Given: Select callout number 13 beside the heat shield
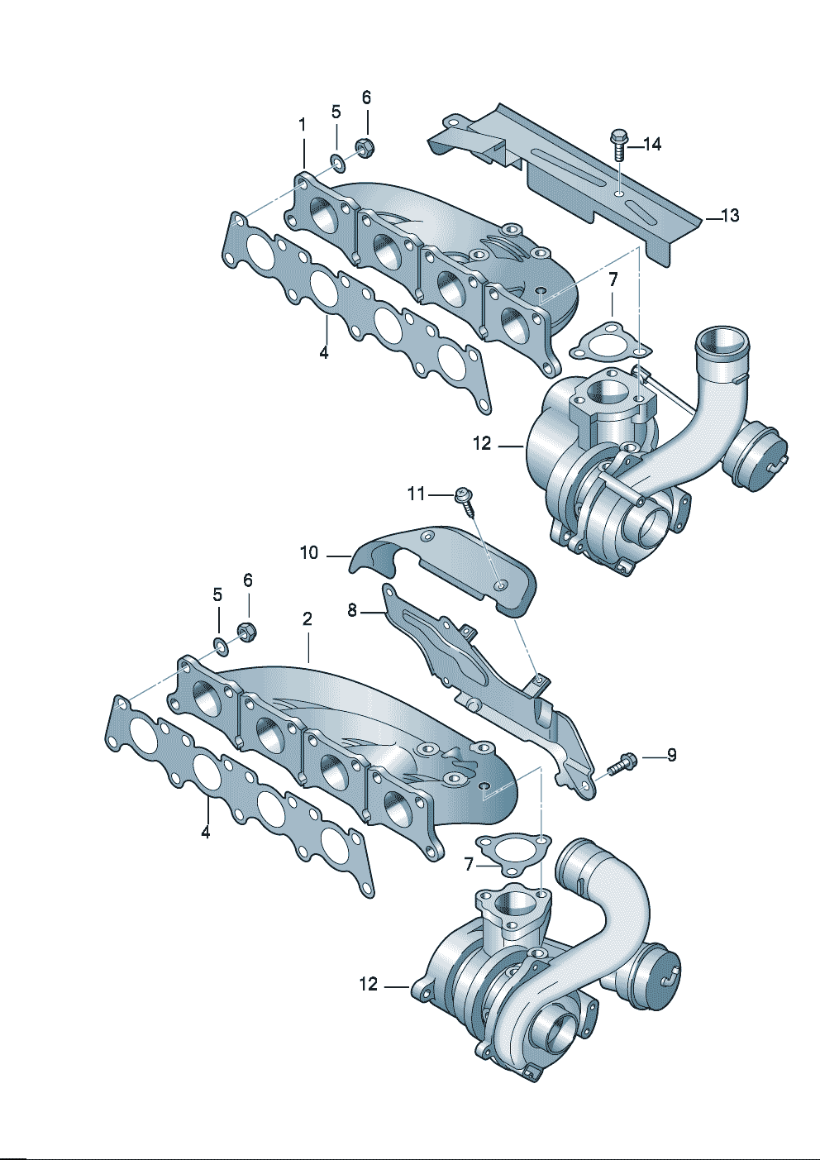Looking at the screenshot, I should click(x=730, y=216).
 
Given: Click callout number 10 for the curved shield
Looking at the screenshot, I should click(x=309, y=552).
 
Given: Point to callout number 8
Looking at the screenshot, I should click(x=352, y=611).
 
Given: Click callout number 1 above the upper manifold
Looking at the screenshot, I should click(x=303, y=125).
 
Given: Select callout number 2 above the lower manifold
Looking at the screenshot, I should click(x=307, y=618).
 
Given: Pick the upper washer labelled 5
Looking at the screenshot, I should click(x=337, y=160).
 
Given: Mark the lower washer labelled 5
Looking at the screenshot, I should click(x=220, y=644).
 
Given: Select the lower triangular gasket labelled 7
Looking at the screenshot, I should click(x=514, y=852).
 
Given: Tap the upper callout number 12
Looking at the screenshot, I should click(x=482, y=444).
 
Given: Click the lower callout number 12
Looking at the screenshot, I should click(x=369, y=984).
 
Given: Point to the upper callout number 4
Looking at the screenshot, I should click(x=324, y=352).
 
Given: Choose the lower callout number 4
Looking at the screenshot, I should click(x=206, y=832).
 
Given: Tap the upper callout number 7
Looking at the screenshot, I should click(x=613, y=280).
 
